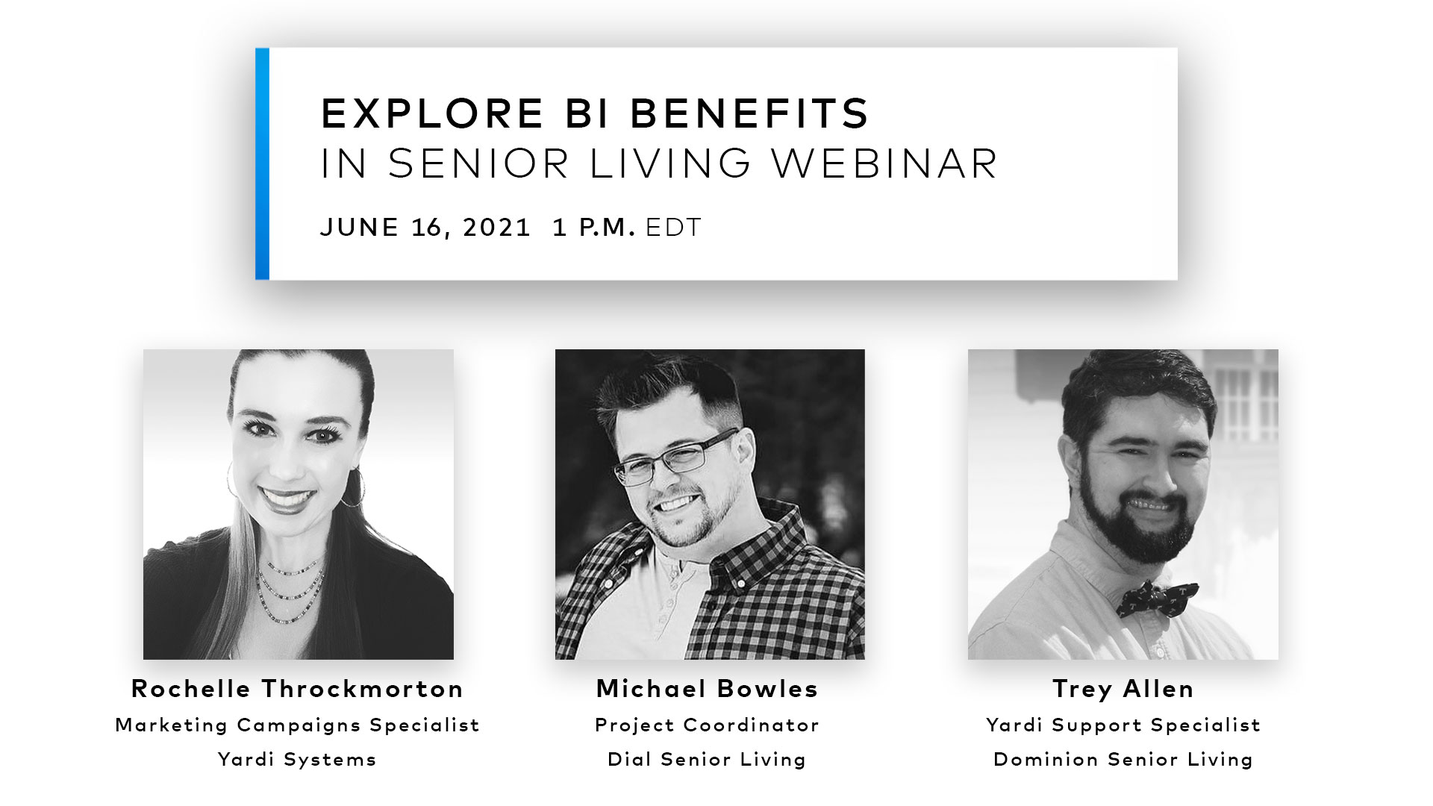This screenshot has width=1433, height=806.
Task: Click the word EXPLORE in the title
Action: pyautogui.click(x=432, y=113)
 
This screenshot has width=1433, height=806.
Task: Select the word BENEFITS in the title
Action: pyautogui.click(x=750, y=113)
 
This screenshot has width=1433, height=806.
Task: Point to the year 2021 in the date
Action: pyautogui.click(x=496, y=228)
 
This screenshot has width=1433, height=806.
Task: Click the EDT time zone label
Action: pyautogui.click(x=674, y=228)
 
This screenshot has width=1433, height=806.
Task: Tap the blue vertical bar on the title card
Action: pyautogui.click(x=262, y=164)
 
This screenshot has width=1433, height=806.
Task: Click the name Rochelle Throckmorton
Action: pyautogui.click(x=298, y=689)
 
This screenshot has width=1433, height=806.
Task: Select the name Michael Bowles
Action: pyautogui.click(x=708, y=689)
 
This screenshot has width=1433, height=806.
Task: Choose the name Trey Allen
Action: pyautogui.click(x=1123, y=689)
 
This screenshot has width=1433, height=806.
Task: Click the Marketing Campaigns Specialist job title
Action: pyautogui.click(x=298, y=725)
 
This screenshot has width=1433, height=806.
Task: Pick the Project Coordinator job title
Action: pyautogui.click(x=708, y=725)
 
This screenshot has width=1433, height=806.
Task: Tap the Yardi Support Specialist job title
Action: pyautogui.click(x=1123, y=725)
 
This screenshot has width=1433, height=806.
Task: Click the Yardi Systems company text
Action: pyautogui.click(x=298, y=760)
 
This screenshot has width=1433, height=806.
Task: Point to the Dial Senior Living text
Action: pyautogui.click(x=708, y=760)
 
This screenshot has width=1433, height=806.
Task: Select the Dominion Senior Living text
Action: pyautogui.click(x=1123, y=760)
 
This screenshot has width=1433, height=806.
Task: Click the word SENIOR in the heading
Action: pyautogui.click(x=478, y=163)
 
